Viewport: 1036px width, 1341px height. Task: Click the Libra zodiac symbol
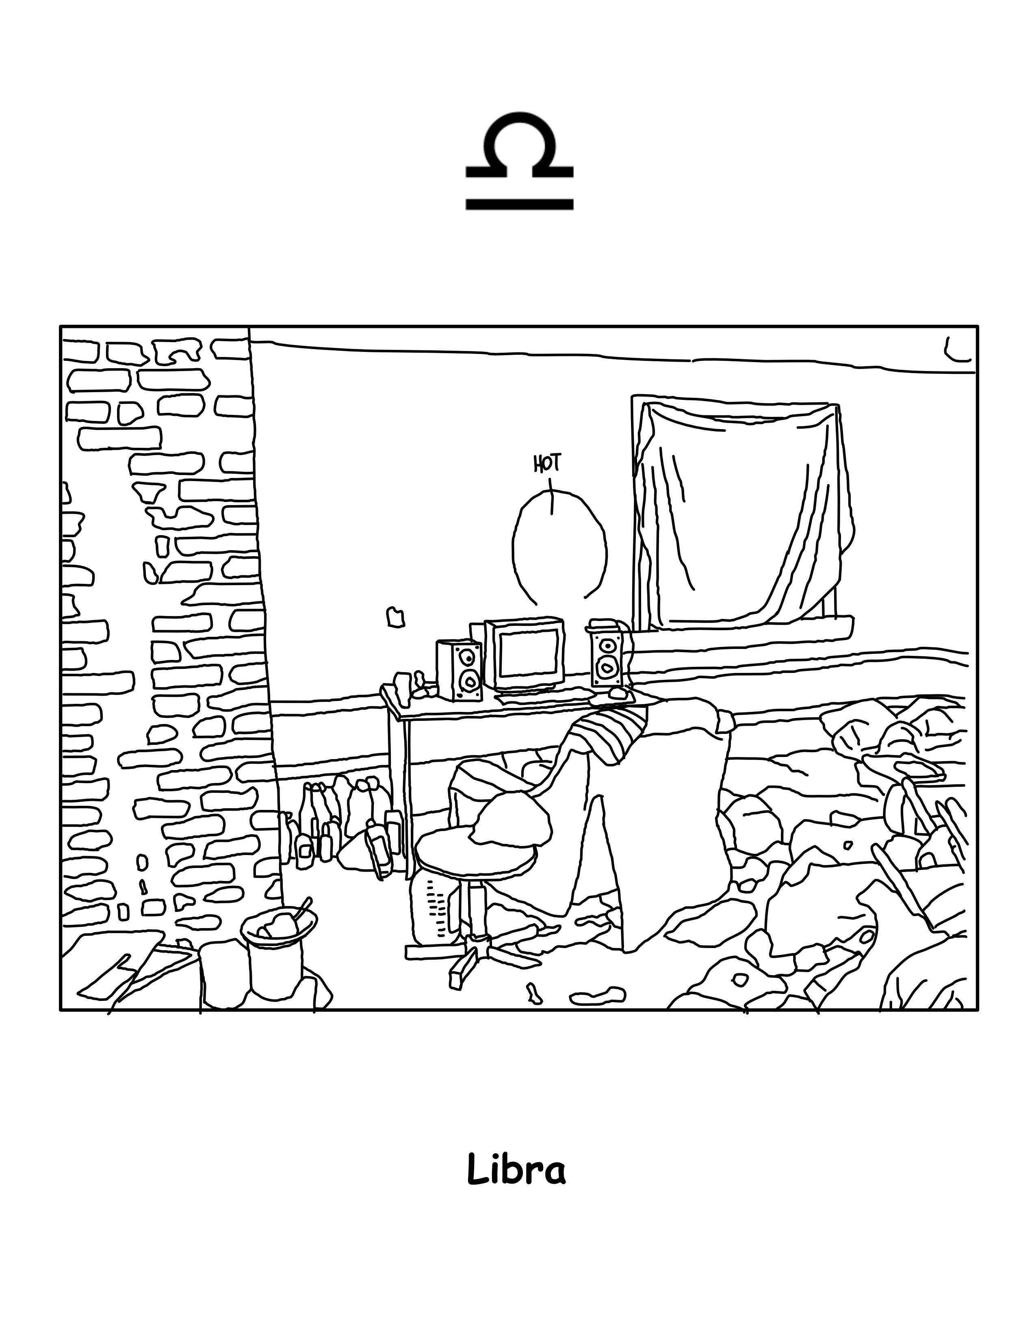point(519,161)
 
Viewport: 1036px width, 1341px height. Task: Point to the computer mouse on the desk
point(618,694)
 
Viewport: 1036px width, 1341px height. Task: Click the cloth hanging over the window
point(743,510)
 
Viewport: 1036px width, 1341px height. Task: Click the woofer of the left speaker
point(470,681)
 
